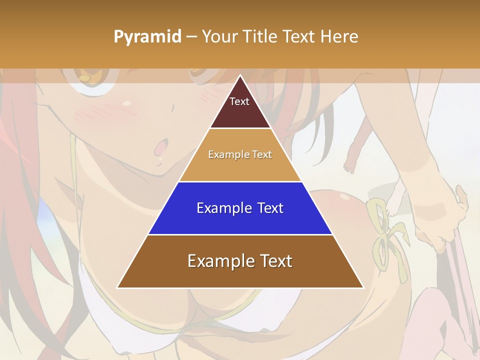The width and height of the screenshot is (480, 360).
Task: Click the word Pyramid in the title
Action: [x=147, y=37]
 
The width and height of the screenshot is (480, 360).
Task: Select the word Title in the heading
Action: [x=262, y=36]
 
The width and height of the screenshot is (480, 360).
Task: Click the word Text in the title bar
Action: [x=299, y=36]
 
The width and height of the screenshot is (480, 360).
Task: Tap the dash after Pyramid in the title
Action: [x=191, y=37]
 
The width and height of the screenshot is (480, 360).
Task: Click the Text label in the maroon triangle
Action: [x=239, y=101]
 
